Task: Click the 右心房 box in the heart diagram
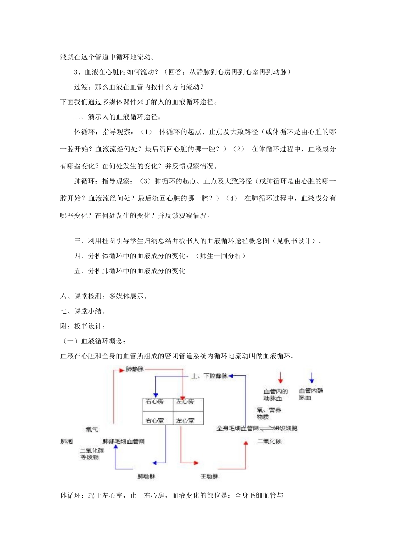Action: pyautogui.click(x=155, y=402)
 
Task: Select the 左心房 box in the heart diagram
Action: pyautogui.click(x=185, y=402)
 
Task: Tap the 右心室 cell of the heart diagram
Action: pyautogui.click(x=155, y=420)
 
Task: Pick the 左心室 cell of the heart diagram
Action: pyautogui.click(x=185, y=420)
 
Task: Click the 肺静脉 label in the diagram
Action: pyautogui.click(x=135, y=369)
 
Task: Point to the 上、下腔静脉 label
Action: pyautogui.click(x=209, y=376)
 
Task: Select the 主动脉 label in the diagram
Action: pyautogui.click(x=209, y=476)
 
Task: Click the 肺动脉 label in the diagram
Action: pyautogui.click(x=146, y=476)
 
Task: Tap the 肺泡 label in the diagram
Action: pyautogui.click(x=67, y=441)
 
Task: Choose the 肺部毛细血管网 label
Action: pyautogui.click(x=123, y=441)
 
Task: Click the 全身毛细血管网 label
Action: pyautogui.click(x=238, y=428)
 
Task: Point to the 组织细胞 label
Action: pyautogui.click(x=286, y=428)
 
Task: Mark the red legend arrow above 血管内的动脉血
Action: pyautogui.click(x=281, y=377)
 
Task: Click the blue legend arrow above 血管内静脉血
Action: pyautogui.click(x=311, y=377)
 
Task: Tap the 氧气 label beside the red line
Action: pyautogui.click(x=92, y=429)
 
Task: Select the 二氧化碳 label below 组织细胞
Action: pyautogui.click(x=269, y=441)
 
